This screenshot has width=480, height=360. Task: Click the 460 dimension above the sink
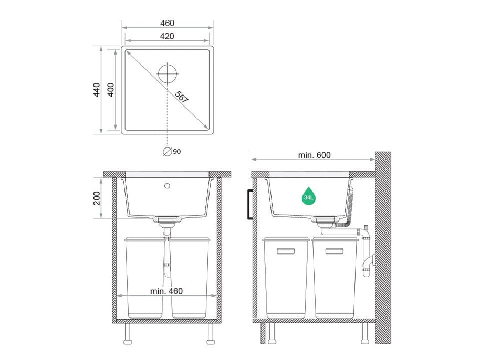click(167, 23)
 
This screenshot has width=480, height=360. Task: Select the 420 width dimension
click(167, 36)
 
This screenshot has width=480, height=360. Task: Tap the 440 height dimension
click(97, 90)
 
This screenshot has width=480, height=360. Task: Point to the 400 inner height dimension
click(111, 90)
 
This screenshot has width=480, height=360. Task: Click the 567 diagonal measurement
click(182, 97)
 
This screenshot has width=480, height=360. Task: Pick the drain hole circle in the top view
click(167, 73)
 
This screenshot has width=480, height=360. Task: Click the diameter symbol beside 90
click(167, 152)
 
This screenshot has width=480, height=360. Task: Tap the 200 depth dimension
click(97, 198)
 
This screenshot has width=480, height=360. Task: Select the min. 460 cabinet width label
click(166, 291)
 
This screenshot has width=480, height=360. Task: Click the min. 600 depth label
click(315, 155)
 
